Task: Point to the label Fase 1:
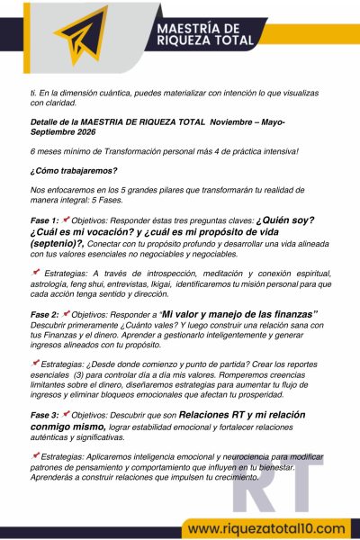pyautogui.click(x=45, y=220)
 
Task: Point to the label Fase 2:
pyautogui.click(x=45, y=313)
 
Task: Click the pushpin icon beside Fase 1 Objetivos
pyautogui.click(x=67, y=219)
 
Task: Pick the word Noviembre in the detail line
pyautogui.click(x=238, y=119)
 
